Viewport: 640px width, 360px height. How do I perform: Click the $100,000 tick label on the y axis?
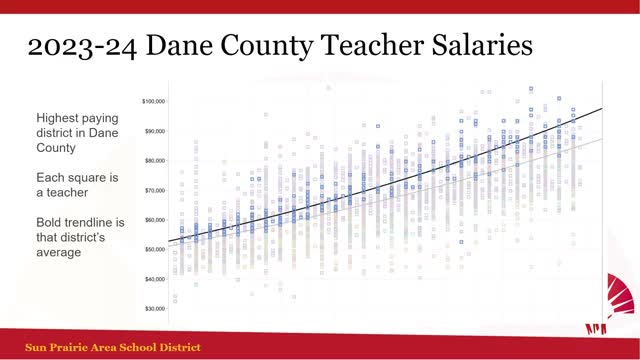153,101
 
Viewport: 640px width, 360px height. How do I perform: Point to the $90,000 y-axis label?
154,131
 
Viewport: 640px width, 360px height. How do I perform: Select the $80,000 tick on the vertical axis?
154,160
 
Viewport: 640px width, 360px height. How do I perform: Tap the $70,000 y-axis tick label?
154,190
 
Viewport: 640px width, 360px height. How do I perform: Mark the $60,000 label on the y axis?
154,219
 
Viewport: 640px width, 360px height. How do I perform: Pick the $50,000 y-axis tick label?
154,249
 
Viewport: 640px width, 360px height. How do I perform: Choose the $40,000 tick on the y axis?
154,278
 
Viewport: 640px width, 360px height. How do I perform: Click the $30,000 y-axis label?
154,308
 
